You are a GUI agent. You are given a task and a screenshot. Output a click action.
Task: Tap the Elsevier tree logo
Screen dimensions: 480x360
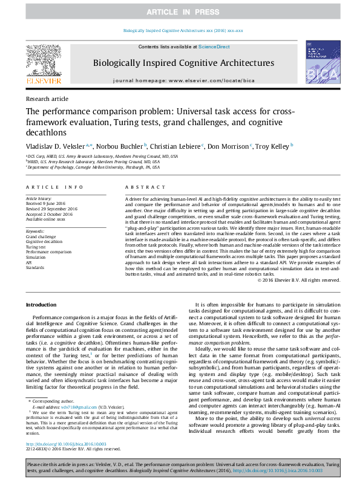tap(43, 60)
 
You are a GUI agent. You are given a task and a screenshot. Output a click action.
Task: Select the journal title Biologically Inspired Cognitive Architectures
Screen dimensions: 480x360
tap(183, 63)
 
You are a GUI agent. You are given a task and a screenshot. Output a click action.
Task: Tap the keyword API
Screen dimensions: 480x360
tap(29, 262)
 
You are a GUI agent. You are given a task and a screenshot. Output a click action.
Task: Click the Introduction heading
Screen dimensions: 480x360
tap(41, 304)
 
